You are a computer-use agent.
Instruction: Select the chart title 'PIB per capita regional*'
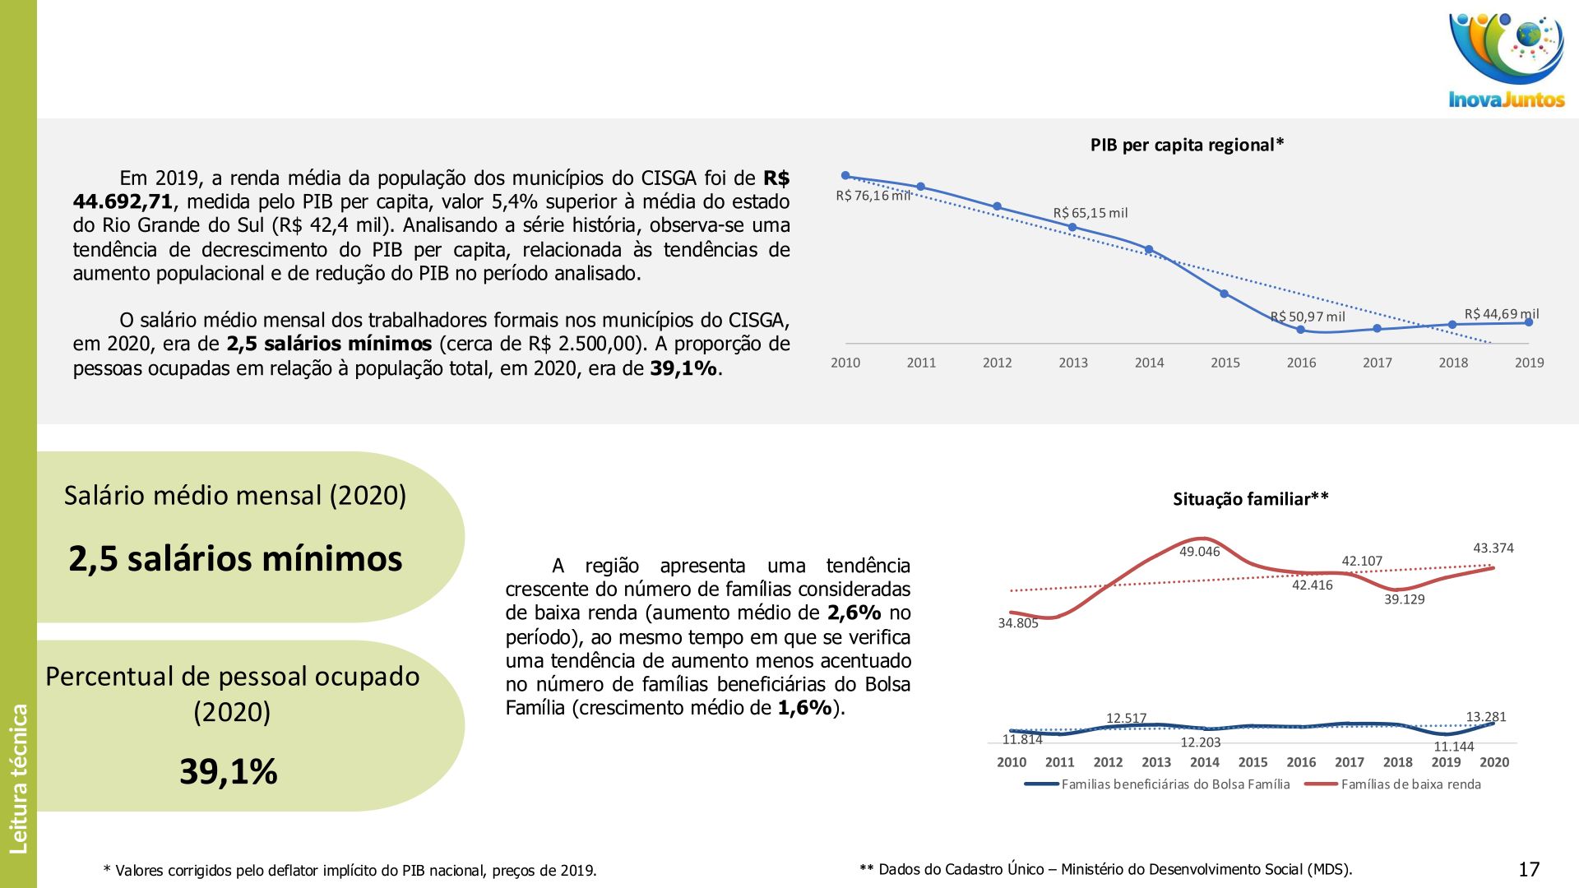click(x=1187, y=146)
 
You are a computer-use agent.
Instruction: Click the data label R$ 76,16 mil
click(x=873, y=196)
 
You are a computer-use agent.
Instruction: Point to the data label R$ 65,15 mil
click(x=1090, y=213)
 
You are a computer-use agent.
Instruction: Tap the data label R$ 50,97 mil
click(x=1308, y=317)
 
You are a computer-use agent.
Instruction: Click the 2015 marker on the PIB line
click(x=1224, y=294)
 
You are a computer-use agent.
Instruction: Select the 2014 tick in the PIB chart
click(x=1149, y=363)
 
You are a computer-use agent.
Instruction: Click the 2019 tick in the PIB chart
click(x=1529, y=363)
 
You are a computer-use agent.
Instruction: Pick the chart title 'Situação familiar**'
click(x=1250, y=499)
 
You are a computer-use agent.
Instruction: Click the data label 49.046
click(x=1199, y=552)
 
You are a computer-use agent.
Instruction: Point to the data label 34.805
click(x=1018, y=623)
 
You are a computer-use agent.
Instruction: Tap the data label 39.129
click(x=1404, y=599)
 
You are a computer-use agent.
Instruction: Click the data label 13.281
click(x=1485, y=717)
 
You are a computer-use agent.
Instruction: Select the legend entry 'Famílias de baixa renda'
click(x=1410, y=784)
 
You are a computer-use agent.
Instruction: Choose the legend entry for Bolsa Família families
click(x=1175, y=784)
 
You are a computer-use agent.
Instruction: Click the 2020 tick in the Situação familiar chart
click(x=1493, y=762)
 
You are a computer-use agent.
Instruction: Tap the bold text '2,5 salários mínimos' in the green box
click(x=235, y=559)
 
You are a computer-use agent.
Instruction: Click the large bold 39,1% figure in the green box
click(x=229, y=771)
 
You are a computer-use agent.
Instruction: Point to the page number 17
click(x=1529, y=869)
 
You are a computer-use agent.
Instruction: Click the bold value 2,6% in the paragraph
click(x=854, y=613)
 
